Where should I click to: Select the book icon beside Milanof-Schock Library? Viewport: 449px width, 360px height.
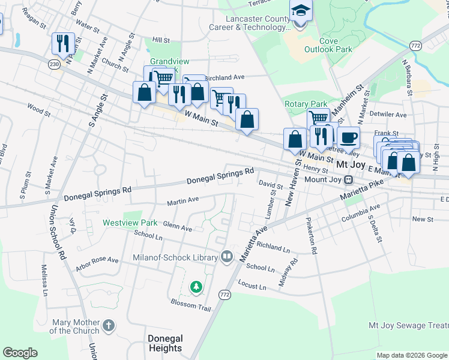(x=226, y=257)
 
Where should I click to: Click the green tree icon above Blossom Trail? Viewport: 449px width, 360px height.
(x=196, y=288)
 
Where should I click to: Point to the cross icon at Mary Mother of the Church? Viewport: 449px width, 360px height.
(x=108, y=326)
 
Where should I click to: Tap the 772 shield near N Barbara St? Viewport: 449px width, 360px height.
(x=415, y=46)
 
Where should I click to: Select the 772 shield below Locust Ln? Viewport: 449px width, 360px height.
(x=224, y=295)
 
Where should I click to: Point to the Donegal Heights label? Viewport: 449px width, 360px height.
(x=164, y=343)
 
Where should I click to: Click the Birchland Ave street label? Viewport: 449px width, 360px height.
(x=225, y=77)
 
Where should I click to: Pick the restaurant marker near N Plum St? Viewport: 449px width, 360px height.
(x=63, y=43)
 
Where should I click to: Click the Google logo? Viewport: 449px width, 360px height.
(x=20, y=353)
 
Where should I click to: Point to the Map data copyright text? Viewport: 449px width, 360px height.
(x=411, y=355)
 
